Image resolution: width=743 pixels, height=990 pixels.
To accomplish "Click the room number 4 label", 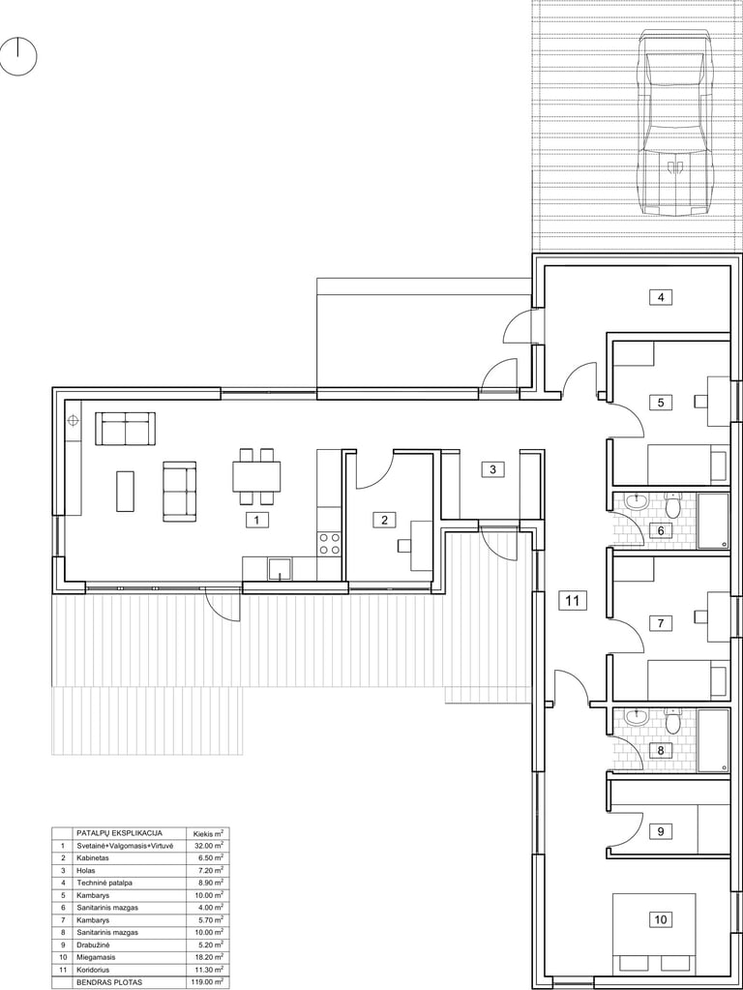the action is tap(661, 297).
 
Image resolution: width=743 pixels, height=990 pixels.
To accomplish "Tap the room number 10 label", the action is tap(661, 919).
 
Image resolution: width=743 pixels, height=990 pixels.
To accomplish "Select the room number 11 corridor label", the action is tap(572, 600).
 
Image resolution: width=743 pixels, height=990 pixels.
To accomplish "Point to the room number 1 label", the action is tap(257, 521).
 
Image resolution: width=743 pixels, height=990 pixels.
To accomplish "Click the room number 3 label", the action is tap(493, 469).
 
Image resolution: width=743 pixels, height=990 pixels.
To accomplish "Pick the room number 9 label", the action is tap(661, 831).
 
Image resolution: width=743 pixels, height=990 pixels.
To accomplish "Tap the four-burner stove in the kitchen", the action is tap(330, 544).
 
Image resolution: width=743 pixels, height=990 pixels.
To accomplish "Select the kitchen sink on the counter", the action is tap(280, 568).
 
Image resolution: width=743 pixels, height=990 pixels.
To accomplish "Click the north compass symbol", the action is tap(18, 57).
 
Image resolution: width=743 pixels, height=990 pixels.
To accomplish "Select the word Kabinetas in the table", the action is tap(93, 858).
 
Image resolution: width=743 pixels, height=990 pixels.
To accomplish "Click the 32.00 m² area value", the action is tap(209, 846).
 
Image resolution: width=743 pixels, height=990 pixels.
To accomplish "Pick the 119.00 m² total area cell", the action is tap(208, 982).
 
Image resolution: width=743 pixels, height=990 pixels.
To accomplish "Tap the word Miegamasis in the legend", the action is tap(95, 957).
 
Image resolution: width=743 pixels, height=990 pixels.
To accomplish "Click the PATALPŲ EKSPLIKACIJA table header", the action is tap(119, 833).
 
